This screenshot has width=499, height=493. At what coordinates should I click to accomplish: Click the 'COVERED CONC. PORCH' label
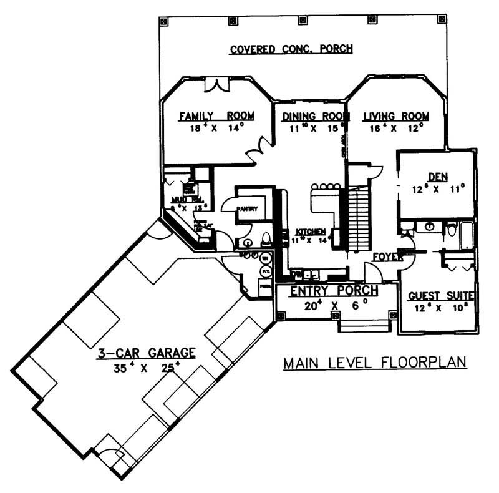(x=291, y=49)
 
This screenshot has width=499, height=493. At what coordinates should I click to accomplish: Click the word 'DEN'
(x=435, y=177)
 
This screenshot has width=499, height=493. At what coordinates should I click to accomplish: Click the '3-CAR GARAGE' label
(x=147, y=353)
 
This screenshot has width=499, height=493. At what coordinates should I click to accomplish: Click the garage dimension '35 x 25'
(x=147, y=368)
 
